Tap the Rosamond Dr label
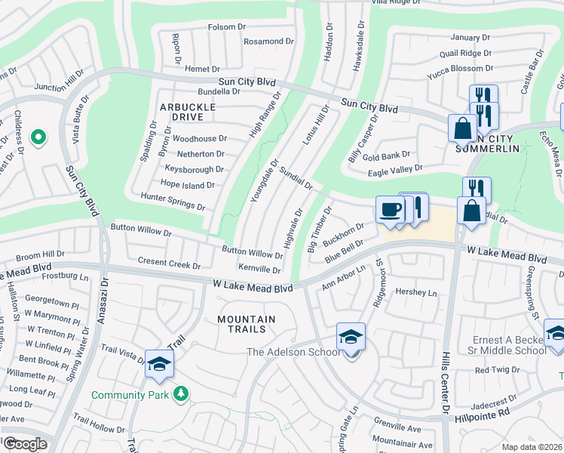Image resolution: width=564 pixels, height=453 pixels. tap(268, 41)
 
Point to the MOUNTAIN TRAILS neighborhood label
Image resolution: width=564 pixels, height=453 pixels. tap(247, 324)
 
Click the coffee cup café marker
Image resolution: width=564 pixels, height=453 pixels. tap(390, 210)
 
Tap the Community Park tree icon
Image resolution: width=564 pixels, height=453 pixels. tap(180, 393)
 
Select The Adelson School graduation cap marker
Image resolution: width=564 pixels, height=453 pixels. tap(351, 337)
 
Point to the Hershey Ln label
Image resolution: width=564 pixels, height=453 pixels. tap(417, 292)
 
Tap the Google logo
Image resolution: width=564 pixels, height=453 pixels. tap(24, 444)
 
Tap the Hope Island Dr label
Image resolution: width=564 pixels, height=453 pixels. tap(187, 183)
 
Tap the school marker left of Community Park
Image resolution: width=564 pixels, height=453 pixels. tap(159, 365)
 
